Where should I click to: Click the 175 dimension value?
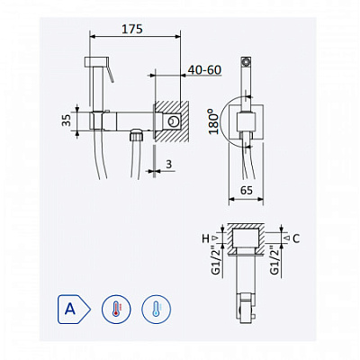pos(132,29)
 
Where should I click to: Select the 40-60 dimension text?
pos(204,70)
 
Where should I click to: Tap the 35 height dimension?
pos(67,120)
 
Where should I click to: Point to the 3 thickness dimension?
pos(169,164)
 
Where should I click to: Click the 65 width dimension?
pos(247,190)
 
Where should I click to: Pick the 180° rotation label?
pos(214,121)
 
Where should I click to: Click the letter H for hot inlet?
pos(205,238)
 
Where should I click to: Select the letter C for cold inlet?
pos(296,238)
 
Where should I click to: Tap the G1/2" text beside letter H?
pos(218,260)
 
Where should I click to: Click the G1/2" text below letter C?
pos(275,260)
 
